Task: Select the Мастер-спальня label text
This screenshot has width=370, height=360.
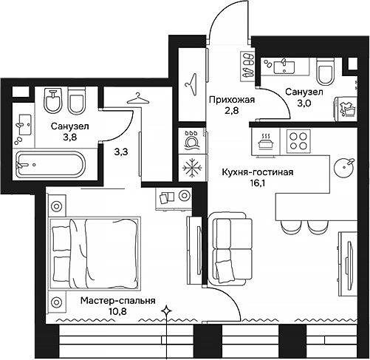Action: click(x=118, y=301)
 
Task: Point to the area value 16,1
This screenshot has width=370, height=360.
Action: click(x=258, y=184)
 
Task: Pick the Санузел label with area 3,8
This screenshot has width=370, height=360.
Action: click(x=70, y=126)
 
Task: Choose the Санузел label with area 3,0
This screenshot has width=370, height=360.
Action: click(x=304, y=92)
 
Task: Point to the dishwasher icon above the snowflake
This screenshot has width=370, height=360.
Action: click(x=191, y=140)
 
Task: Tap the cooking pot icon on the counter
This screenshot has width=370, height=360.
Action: click(x=265, y=138)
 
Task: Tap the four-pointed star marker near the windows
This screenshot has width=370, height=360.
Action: click(x=168, y=311)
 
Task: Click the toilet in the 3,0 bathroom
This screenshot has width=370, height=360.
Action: click(x=324, y=73)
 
